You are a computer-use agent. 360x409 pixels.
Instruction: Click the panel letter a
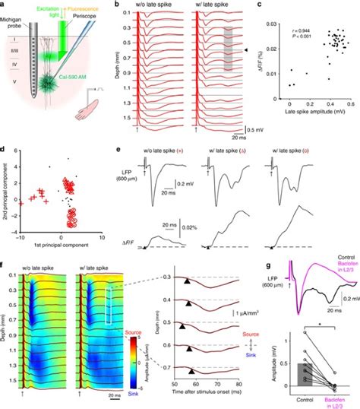click(x=4, y=5)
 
